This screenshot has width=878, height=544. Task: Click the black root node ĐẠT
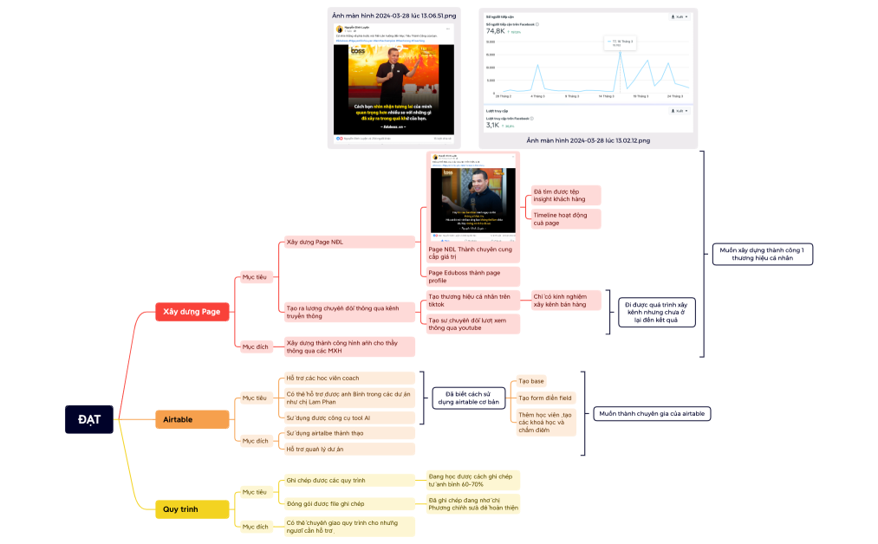pyautogui.click(x=88, y=419)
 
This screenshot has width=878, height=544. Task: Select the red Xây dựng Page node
pyautogui.click(x=192, y=311)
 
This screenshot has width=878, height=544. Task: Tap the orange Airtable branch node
pyautogui.click(x=178, y=419)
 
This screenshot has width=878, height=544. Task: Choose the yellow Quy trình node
pyautogui.click(x=181, y=508)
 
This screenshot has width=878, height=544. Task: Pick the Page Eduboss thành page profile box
pyautogui.click(x=472, y=276)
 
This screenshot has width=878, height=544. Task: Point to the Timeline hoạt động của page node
pyautogui.click(x=565, y=218)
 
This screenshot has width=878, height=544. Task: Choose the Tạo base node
pyautogui.click(x=531, y=381)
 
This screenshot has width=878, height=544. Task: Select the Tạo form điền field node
pyautogui.click(x=544, y=398)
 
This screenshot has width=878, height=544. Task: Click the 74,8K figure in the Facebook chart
pyautogui.click(x=495, y=30)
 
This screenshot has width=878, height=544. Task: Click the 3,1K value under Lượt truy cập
pyautogui.click(x=492, y=125)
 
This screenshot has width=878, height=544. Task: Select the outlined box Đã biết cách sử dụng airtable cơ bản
pyautogui.click(x=469, y=398)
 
